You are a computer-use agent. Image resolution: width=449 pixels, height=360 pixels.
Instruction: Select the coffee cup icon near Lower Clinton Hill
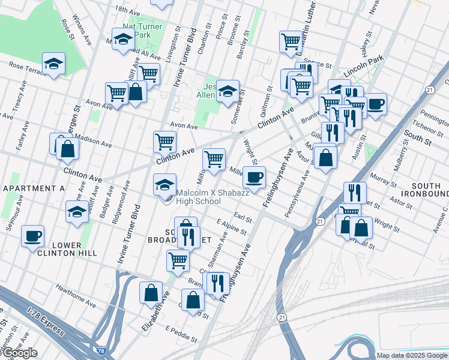click(x=32, y=235)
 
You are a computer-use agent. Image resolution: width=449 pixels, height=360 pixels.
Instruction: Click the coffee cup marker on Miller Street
click(x=255, y=176)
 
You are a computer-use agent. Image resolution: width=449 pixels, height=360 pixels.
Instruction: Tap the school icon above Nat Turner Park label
click(x=124, y=40)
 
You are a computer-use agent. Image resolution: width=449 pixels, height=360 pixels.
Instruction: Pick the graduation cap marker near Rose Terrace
click(x=53, y=63)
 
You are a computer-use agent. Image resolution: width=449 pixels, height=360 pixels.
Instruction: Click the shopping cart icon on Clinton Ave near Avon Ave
click(x=164, y=142)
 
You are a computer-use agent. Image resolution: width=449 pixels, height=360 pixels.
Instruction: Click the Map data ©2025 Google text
click(x=411, y=355)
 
